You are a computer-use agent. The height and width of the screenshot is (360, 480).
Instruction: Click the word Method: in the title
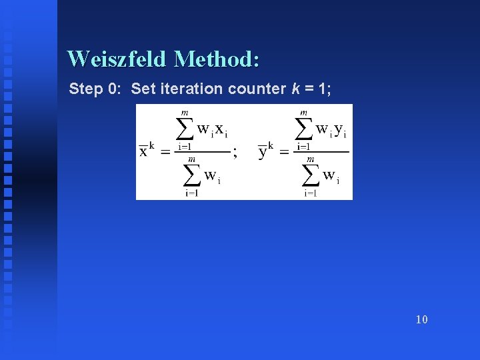tap(217, 59)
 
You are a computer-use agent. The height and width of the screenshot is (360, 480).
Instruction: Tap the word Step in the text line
tap(86, 89)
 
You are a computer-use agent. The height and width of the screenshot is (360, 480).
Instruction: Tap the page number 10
tap(421, 319)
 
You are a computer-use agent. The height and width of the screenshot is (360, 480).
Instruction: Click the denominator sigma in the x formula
tap(192, 175)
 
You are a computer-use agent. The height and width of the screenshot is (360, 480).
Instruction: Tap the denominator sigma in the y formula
tap(311, 175)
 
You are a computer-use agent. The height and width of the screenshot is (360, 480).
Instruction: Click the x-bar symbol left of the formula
tap(143, 151)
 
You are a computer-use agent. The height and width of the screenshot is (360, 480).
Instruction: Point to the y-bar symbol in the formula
tap(262, 151)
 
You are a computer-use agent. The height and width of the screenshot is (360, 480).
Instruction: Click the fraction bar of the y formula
tap(322, 152)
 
